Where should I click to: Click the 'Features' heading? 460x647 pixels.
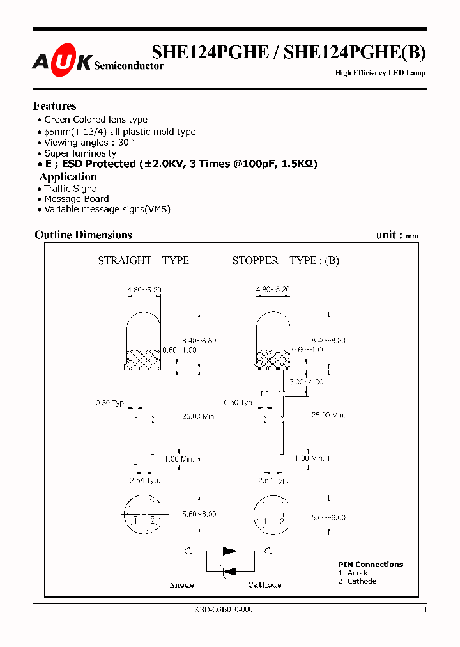pos(55,106)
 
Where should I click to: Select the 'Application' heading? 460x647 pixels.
pos(68,176)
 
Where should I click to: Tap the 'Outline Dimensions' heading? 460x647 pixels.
pos(83,235)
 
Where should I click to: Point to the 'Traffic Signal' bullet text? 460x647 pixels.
pos(72,189)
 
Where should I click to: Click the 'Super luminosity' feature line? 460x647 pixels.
pos(80,153)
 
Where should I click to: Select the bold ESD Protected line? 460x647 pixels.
pos(181,164)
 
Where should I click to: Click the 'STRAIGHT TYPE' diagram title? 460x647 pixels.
pos(143,260)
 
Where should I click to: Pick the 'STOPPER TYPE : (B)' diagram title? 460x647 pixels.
pos(286,260)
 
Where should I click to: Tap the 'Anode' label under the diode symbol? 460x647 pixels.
pos(181,584)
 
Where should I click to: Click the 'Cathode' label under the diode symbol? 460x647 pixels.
pos(264,584)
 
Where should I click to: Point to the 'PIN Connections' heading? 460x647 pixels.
pos(371,565)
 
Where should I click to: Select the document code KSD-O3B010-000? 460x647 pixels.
pos(223,610)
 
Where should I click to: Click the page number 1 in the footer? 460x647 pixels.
pos(425,610)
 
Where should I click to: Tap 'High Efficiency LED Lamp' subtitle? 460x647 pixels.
pos(380,73)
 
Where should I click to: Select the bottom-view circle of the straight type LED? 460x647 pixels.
pos(144,514)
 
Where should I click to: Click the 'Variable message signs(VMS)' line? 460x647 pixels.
pos(107,209)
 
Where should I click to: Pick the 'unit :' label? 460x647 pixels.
pos(389,235)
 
